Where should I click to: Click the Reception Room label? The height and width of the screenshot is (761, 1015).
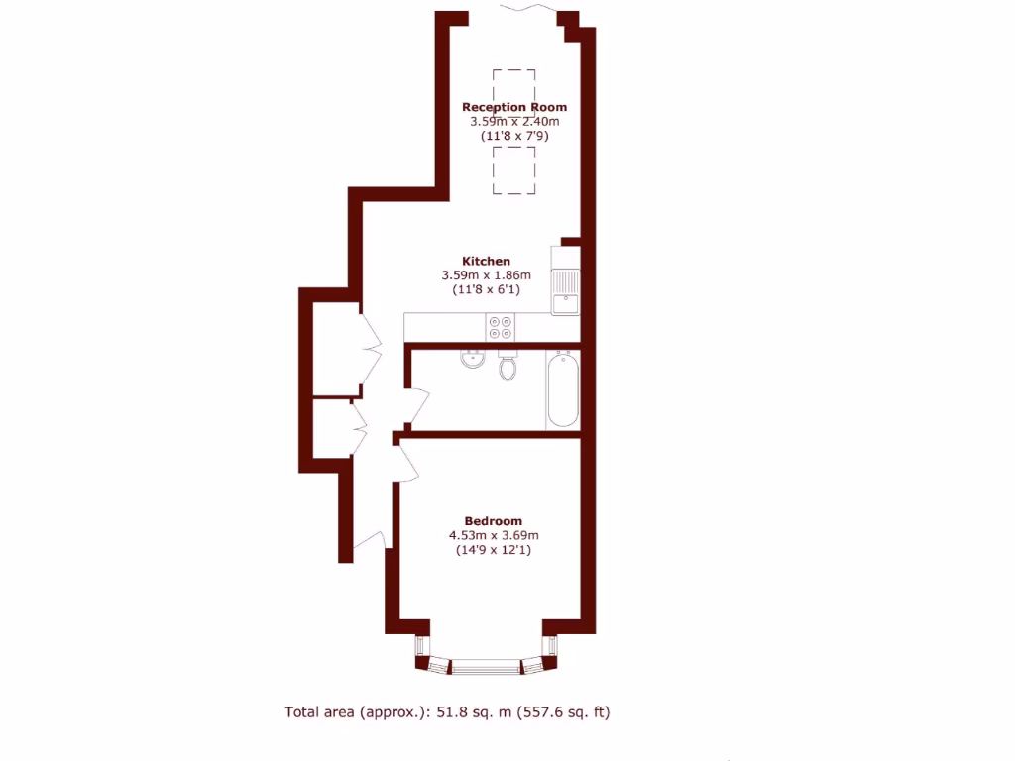point(514,107)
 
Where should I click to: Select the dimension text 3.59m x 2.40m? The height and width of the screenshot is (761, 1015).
point(514,121)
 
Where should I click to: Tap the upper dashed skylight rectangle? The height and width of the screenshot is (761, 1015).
point(513,84)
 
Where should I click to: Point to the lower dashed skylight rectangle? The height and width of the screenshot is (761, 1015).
point(513,170)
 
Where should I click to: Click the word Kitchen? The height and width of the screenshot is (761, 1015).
point(486,261)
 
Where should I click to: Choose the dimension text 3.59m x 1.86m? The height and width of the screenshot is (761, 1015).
point(486,275)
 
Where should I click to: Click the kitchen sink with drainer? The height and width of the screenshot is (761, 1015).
point(566,291)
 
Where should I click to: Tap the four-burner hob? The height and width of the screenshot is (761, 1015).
point(501,327)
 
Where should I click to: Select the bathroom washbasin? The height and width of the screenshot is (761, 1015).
point(472,358)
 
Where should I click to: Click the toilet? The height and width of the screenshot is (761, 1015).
point(507,367)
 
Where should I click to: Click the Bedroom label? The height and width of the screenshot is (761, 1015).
point(493,521)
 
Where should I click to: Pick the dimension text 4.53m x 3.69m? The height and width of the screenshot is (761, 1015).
point(493,536)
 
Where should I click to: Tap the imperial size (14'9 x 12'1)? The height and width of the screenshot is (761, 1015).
point(493,550)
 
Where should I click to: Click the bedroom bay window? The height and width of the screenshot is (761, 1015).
point(486,666)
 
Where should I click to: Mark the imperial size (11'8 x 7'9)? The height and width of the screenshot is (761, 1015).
point(514,135)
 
